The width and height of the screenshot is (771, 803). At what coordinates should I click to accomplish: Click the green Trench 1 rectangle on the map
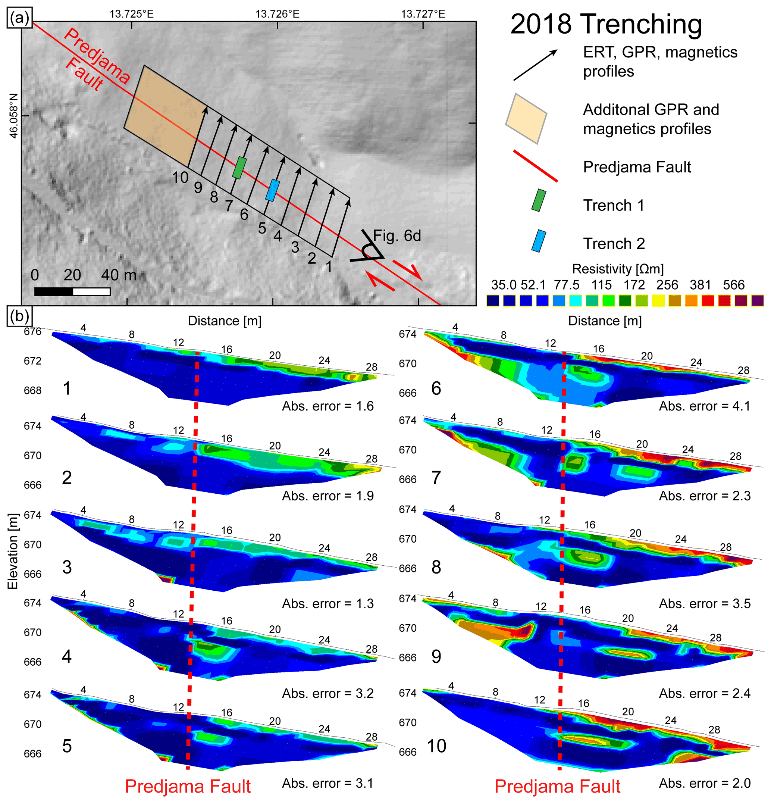[239, 168]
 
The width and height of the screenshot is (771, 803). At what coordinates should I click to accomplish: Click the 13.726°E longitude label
[277, 14]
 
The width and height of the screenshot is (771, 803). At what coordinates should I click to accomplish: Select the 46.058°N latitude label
[14, 116]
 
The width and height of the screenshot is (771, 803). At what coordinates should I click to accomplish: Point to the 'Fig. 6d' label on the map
[397, 236]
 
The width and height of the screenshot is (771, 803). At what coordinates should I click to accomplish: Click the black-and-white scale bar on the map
[72, 292]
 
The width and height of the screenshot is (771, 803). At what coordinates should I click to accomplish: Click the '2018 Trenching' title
[606, 25]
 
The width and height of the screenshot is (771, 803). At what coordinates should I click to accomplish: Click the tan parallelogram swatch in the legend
[526, 119]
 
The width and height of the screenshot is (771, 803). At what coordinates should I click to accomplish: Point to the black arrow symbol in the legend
[535, 65]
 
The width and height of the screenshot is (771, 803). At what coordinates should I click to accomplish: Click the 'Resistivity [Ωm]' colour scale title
[617, 269]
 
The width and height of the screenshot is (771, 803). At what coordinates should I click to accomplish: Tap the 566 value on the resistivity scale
[733, 285]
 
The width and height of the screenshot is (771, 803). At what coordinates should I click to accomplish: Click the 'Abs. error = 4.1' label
[704, 406]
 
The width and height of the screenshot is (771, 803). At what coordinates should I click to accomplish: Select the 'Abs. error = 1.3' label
[327, 603]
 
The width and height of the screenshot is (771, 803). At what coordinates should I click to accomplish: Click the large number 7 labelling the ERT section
[436, 478]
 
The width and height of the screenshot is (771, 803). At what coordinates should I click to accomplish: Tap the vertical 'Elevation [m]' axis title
[13, 551]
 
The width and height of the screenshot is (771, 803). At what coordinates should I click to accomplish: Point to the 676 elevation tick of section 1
[33, 331]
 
